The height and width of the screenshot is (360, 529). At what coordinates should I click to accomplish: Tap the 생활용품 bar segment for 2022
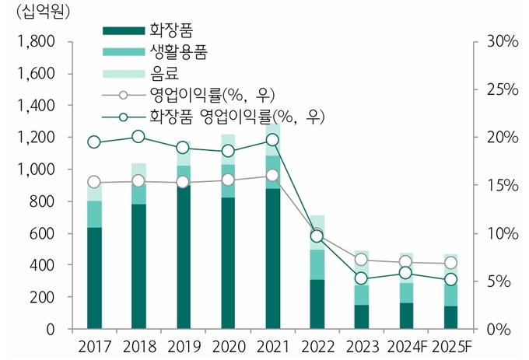coord(317,264)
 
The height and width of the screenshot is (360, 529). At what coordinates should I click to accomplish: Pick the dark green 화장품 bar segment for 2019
coord(183,257)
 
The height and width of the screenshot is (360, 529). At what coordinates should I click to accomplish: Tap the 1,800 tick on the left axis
coord(33,42)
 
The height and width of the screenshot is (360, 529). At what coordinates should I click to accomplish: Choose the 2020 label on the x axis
coord(227,344)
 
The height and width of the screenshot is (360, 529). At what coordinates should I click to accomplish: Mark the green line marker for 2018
coord(138,137)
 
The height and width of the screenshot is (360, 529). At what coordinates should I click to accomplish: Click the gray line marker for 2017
coord(94,182)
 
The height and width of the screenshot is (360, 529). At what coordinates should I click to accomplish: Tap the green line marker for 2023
coord(361,278)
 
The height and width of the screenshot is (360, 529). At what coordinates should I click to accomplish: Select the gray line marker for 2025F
coord(450,263)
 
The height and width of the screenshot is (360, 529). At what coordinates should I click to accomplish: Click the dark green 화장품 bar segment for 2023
coord(361,316)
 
